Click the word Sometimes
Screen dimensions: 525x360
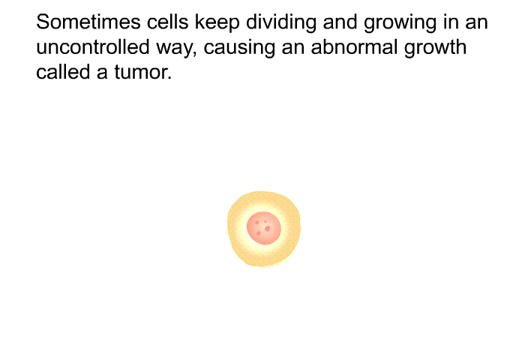tap(88, 22)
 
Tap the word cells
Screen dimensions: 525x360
tap(167, 22)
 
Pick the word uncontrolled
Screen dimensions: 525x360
tap(93, 47)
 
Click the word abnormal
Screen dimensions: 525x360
tap(354, 47)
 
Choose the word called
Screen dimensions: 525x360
tap(63, 72)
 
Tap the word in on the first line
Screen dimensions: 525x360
tap(449, 22)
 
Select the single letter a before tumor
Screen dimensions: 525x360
tap(102, 74)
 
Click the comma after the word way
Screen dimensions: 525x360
tap(195, 54)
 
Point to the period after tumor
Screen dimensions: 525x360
tap(169, 78)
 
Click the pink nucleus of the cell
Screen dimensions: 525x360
tap(263, 228)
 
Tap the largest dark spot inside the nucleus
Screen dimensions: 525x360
tap(267, 229)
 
